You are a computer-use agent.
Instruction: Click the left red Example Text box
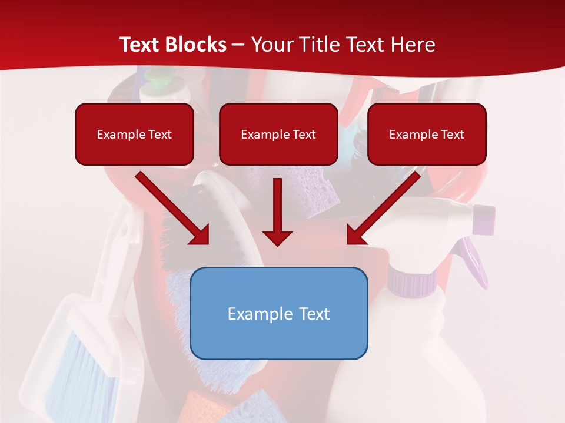coord(134,135)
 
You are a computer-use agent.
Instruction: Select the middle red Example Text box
coord(278,135)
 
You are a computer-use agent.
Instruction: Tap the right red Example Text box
coord(427,135)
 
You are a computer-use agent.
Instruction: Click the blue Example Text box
coord(279,313)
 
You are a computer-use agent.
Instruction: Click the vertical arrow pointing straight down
coord(277,212)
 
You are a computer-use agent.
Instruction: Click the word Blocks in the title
coord(198,44)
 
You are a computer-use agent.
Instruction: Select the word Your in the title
coord(273,44)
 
